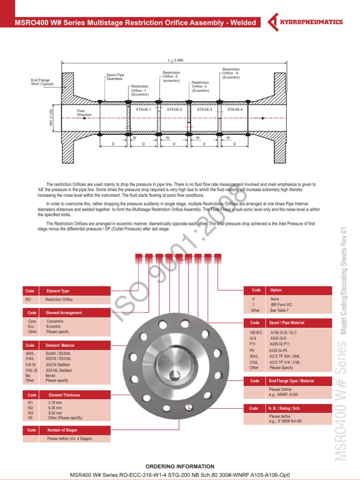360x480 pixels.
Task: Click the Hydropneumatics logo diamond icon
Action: pyautogui.click(x=273, y=22)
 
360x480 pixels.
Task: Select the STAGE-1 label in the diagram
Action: pyautogui.click(x=143, y=109)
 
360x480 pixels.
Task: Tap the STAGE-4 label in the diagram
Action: pyautogui.click(x=235, y=109)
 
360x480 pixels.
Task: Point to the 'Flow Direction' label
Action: pyautogui.click(x=84, y=112)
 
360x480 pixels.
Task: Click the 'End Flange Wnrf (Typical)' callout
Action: pyautogui.click(x=42, y=82)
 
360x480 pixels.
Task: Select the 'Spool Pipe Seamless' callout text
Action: pyautogui.click(x=115, y=77)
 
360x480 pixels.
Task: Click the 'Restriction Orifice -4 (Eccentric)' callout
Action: pyautogui.click(x=231, y=73)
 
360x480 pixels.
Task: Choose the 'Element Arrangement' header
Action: pyautogui.click(x=64, y=313)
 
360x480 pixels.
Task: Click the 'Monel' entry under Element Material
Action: pyautogui.click(x=51, y=376)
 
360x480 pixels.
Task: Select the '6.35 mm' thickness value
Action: pyautogui.click(x=55, y=408)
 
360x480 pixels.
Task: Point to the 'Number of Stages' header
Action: pyautogui.click(x=62, y=430)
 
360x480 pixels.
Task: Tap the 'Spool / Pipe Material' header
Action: pyautogui.click(x=286, y=323)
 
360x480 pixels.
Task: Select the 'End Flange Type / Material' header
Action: pyautogui.click(x=291, y=381)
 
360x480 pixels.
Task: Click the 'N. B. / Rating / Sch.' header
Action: pyautogui.click(x=285, y=408)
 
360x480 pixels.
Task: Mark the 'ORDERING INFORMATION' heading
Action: pyautogui.click(x=180, y=466)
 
